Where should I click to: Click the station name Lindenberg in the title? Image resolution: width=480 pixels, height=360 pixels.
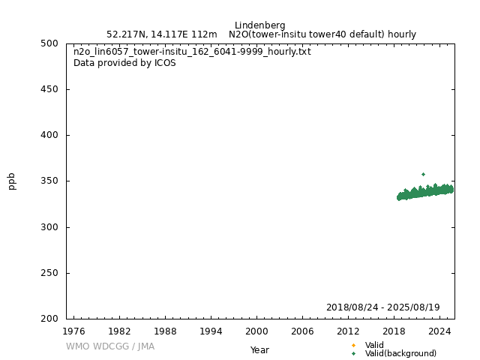[259, 25]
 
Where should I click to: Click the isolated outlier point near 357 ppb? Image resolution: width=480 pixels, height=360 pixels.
[423, 174]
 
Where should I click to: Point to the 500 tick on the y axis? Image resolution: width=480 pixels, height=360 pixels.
[51, 43]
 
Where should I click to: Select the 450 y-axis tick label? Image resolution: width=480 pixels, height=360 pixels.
[51, 89]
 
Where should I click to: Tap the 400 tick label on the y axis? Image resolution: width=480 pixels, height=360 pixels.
[51, 135]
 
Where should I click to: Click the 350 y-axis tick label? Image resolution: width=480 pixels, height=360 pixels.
[51, 181]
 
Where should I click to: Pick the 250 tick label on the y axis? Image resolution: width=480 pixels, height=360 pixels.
[51, 273]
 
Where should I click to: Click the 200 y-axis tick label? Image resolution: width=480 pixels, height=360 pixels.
[51, 319]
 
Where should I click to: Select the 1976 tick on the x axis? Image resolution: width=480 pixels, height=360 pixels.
[73, 331]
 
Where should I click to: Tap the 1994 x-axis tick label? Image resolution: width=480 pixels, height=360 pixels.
[211, 331]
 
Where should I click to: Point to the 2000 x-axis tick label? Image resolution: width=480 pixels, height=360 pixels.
[256, 331]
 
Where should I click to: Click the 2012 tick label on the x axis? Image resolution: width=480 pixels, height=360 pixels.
[348, 331]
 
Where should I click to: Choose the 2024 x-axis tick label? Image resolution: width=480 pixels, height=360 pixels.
[439, 331]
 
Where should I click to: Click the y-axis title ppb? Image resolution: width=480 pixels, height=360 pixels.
[12, 181]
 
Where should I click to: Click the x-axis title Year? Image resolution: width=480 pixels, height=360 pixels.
[259, 350]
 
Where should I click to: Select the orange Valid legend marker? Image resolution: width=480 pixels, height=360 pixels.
[353, 345]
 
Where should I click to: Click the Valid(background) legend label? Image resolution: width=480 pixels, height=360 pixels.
[400, 354]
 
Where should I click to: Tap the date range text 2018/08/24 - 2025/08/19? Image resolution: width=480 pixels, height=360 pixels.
[382, 307]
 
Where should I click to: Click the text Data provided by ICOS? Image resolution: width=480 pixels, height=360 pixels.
[124, 63]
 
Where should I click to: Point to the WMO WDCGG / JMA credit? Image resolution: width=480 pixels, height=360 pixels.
[110, 346]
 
